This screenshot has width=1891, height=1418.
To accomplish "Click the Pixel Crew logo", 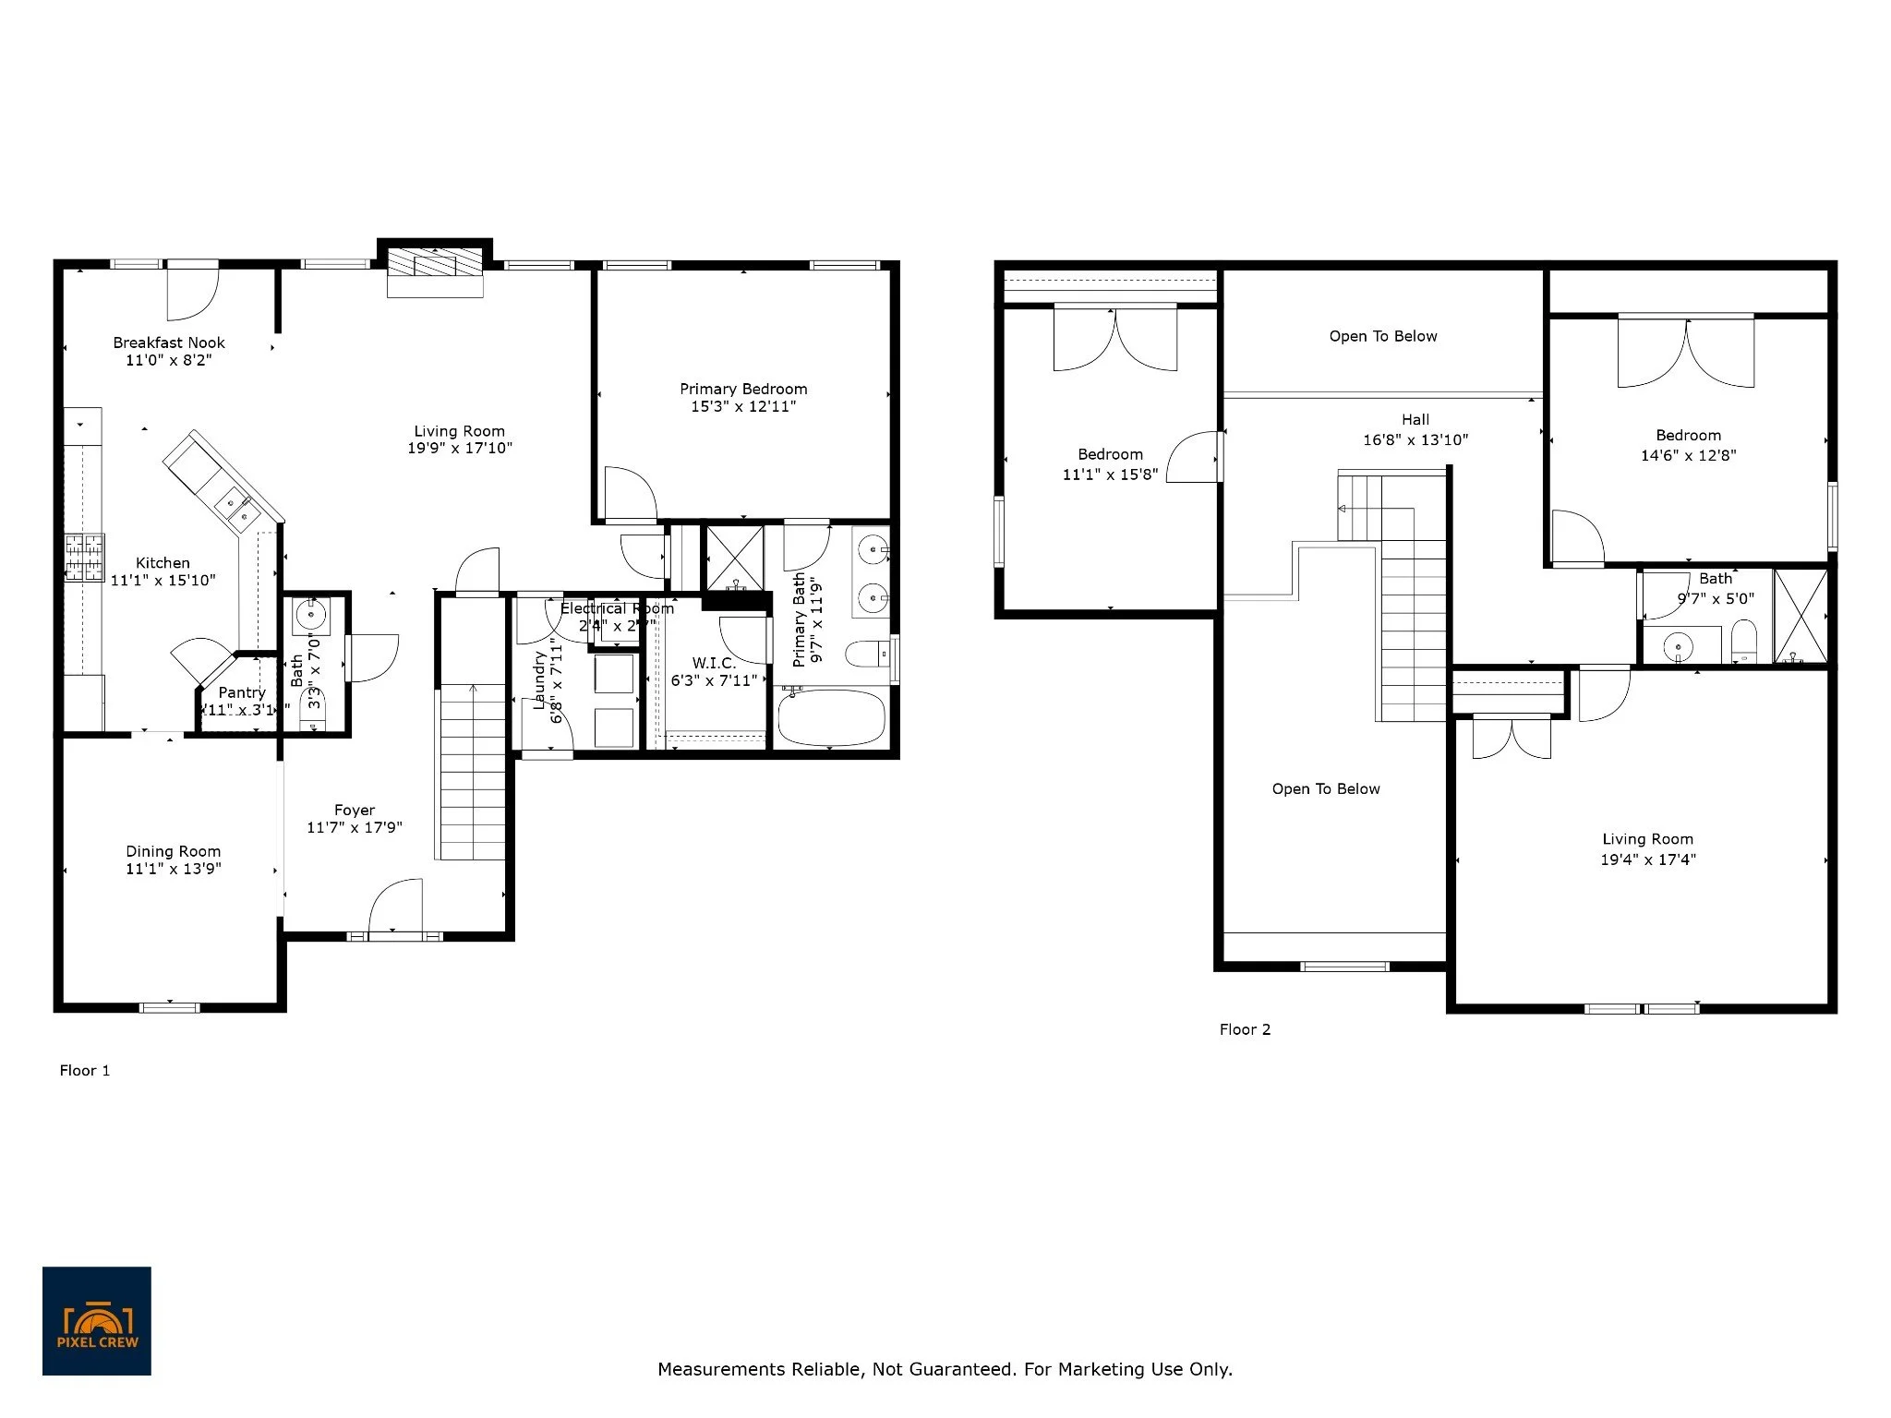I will click(x=96, y=1320).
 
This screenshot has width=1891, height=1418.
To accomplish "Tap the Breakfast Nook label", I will click(x=169, y=342).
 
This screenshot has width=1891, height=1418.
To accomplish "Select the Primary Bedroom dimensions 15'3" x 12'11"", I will click(x=743, y=406).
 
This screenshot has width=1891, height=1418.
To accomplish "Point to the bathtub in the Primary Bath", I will click(x=832, y=719).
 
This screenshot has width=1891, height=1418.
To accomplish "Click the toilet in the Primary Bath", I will click(x=866, y=654).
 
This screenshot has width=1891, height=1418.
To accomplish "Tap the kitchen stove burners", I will click(x=84, y=558).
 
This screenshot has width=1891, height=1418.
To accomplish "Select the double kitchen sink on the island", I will click(x=234, y=508).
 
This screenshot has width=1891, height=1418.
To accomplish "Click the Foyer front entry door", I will click(x=395, y=909).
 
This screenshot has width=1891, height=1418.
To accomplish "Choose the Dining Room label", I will click(x=173, y=851).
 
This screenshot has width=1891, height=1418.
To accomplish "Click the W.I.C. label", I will click(x=714, y=663).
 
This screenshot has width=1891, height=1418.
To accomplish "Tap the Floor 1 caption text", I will click(x=85, y=1071).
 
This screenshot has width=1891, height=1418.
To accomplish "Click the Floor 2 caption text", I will click(x=1245, y=1029).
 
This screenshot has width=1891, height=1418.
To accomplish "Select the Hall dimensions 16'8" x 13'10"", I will click(x=1415, y=440).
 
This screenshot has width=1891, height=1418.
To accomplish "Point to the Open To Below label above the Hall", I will click(x=1383, y=336).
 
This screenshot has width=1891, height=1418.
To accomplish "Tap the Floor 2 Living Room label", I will click(x=1647, y=839).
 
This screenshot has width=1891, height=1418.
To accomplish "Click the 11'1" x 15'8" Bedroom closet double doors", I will click(x=1115, y=340).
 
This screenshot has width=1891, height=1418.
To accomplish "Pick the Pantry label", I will click(x=242, y=692).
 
